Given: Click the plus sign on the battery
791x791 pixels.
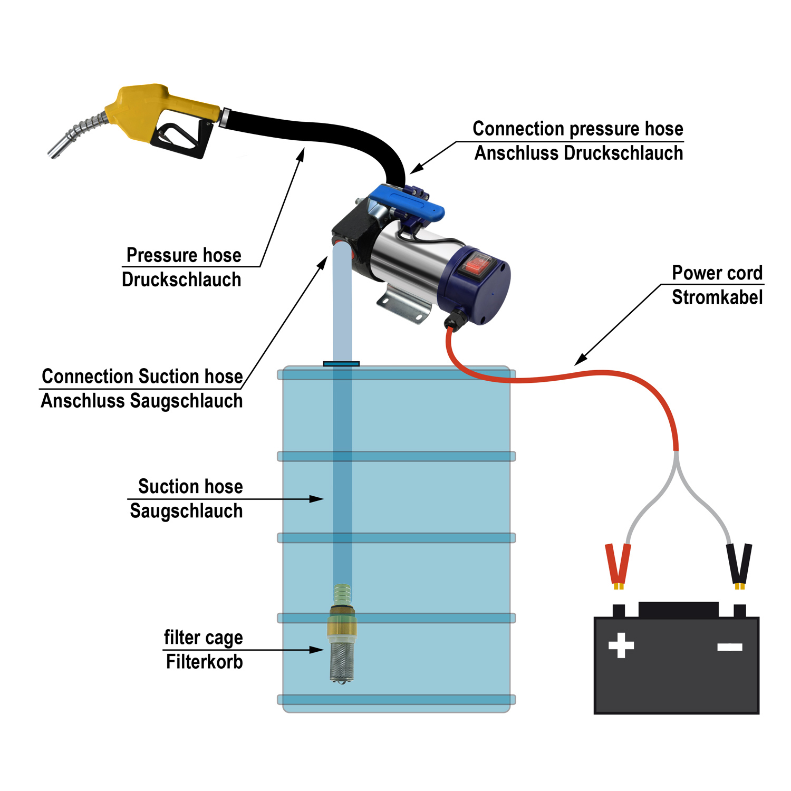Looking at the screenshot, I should (621, 645).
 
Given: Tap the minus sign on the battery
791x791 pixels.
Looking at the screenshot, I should (730, 647).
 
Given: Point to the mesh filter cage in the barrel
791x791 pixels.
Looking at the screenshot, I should (342, 659).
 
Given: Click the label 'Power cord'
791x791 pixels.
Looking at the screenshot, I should (717, 273).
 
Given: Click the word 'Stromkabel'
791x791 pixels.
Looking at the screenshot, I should (717, 297).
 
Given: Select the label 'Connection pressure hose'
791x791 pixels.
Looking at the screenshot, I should (577, 129).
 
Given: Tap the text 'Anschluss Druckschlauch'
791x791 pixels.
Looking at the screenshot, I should (578, 153).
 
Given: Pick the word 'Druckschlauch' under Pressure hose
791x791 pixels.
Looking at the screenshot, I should (181, 279).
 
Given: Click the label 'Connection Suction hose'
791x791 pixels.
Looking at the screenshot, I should (142, 377).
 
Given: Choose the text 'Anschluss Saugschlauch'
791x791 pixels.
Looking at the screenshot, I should (142, 401).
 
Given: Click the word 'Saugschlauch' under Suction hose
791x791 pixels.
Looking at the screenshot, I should (186, 511).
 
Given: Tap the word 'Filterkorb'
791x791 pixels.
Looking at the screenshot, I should (204, 662).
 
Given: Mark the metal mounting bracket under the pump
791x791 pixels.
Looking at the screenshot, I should (403, 306).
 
